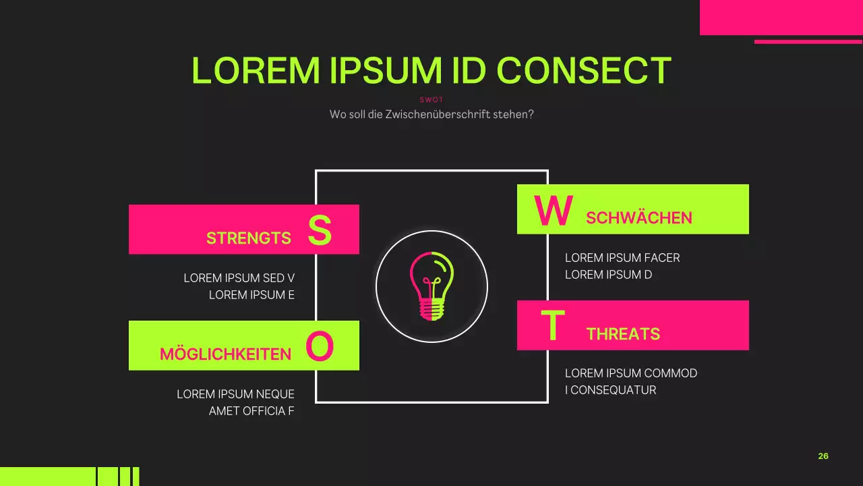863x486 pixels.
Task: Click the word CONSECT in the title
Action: click(584, 70)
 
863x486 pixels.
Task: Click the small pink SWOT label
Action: click(431, 100)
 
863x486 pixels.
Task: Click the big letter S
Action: click(320, 231)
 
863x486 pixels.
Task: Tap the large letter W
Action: click(554, 211)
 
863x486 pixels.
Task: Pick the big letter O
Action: click(320, 348)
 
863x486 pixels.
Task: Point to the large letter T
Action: click(552, 327)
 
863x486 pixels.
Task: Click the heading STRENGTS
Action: click(249, 238)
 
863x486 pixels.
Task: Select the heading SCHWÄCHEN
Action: click(639, 218)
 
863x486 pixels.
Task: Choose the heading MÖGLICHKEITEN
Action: click(225, 354)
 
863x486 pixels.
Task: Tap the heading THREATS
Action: click(623, 334)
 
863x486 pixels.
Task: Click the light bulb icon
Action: click(431, 286)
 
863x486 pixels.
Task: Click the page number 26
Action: click(823, 456)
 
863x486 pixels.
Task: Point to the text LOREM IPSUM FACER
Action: click(622, 258)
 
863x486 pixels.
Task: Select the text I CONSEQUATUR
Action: click(610, 390)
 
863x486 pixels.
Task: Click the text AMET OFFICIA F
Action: click(251, 411)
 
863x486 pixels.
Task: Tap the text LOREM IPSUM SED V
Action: click(239, 278)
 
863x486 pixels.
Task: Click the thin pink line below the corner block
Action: click(808, 42)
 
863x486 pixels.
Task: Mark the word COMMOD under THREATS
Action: click(671, 373)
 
